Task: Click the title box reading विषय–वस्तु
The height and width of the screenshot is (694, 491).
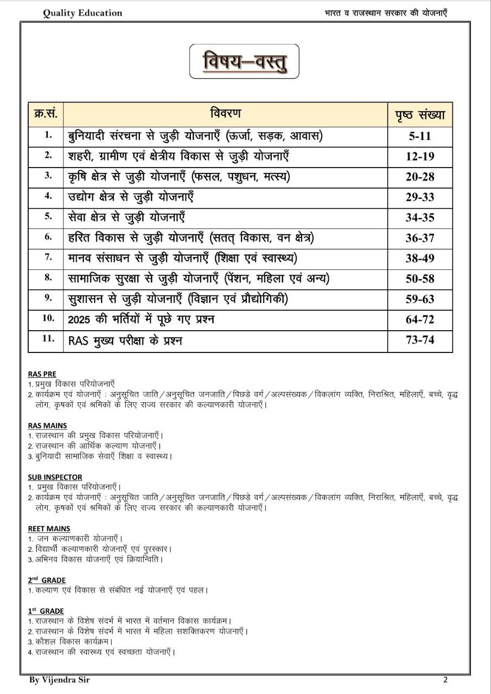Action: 244,61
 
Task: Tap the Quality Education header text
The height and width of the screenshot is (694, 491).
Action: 82,13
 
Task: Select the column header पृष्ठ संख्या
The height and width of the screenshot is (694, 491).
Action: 420,114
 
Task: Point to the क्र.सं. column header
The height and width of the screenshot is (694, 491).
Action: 46,114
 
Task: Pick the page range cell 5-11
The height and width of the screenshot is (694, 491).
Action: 420,136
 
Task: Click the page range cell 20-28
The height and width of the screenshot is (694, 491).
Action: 420,177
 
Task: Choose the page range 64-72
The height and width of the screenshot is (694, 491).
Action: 420,319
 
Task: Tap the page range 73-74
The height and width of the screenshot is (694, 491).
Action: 420,340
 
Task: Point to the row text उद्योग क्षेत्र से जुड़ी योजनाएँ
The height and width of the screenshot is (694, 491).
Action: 131,197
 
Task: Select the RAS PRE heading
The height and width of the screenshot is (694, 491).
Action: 42,374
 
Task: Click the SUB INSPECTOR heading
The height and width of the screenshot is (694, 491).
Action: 55,477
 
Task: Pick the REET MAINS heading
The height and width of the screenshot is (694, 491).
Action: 49,529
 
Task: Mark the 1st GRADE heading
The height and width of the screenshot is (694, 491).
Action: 46,611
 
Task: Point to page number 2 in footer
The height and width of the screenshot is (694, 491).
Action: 445,679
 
